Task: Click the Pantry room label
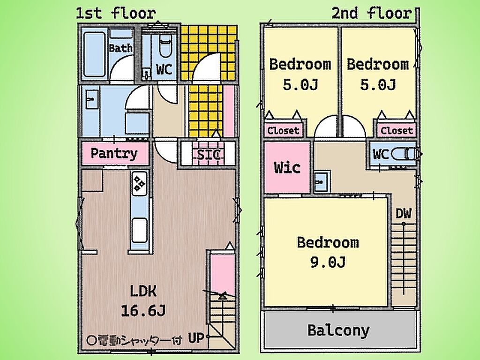click(x=114, y=153)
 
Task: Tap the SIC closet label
click(x=209, y=155)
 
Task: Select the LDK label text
click(x=143, y=291)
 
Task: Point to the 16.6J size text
click(x=143, y=311)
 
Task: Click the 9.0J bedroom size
click(x=328, y=262)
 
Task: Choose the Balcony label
click(x=338, y=330)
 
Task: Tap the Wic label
click(x=287, y=167)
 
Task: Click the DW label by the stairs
click(x=403, y=214)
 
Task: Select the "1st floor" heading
click(x=116, y=14)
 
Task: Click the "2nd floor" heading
click(x=372, y=14)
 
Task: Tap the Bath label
click(x=120, y=48)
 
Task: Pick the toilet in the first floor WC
click(x=165, y=45)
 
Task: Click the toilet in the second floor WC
click(x=404, y=154)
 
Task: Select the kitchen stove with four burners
click(x=140, y=184)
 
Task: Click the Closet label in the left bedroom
click(x=283, y=131)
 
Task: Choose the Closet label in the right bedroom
click(x=397, y=131)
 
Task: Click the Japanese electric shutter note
click(x=135, y=340)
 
